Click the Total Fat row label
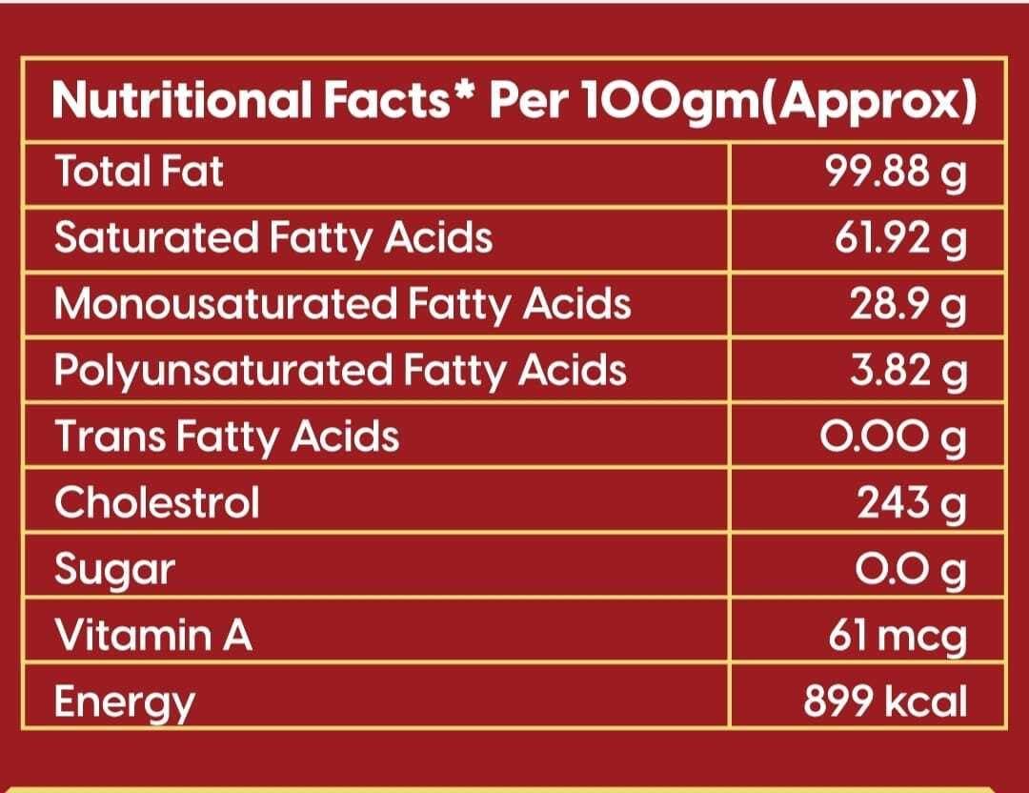coord(139,173)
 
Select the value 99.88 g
coord(896,174)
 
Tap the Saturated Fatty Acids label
coord(273,238)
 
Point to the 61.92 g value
coord(900,240)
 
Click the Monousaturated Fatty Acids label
coord(342,304)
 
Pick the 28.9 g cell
coord(909,306)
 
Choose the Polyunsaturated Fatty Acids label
coord(340,371)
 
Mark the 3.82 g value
coord(909,372)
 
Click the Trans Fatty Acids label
coord(227,437)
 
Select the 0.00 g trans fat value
coord(894,437)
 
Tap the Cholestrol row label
coord(156,501)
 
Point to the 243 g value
coord(911,502)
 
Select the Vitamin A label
coord(153,635)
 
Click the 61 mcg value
coord(898,636)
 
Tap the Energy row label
coord(124,702)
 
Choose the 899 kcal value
coord(885,701)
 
